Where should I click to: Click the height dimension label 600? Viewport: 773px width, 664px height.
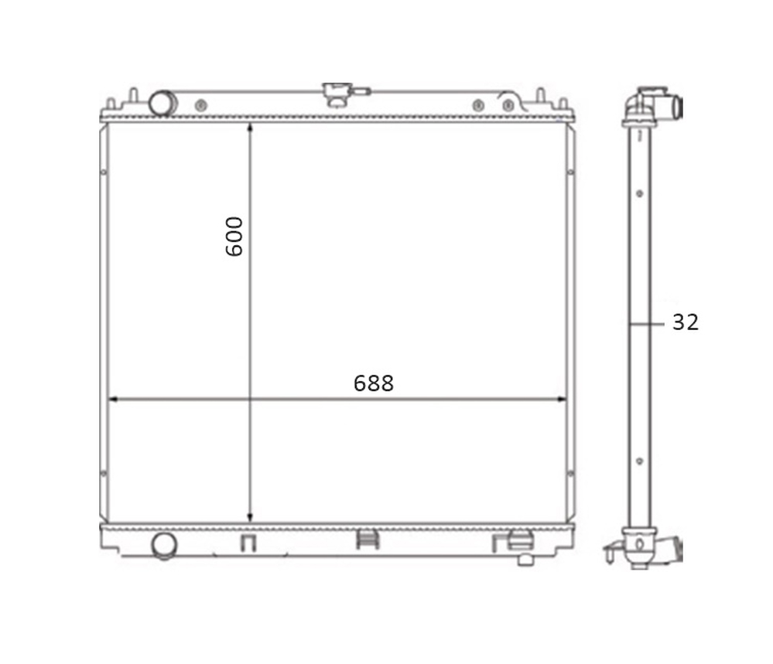[234, 237]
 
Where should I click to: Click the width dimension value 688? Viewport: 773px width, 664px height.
[374, 383]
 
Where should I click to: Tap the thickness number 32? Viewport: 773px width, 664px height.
[686, 322]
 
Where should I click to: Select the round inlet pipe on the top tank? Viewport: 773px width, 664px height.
[162, 103]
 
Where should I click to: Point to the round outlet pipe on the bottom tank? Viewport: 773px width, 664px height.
[164, 546]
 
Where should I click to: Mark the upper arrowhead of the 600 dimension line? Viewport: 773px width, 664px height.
[251, 128]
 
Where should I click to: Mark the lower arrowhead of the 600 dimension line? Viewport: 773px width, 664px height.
[251, 516]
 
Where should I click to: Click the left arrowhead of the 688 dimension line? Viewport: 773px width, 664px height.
[114, 399]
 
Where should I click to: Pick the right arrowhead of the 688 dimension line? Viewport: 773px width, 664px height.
[560, 399]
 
